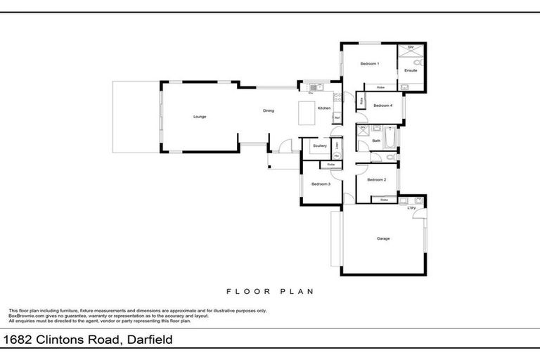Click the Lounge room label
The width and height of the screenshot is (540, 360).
pyautogui.click(x=200, y=116)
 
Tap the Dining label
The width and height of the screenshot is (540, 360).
pyautogui.click(x=269, y=110)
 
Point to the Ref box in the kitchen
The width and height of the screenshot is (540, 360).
pyautogui.click(x=337, y=117)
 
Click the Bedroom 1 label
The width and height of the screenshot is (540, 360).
pyautogui.click(x=370, y=64)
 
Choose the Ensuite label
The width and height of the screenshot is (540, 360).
pyautogui.click(x=411, y=70)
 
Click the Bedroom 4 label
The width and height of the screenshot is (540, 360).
pyautogui.click(x=382, y=105)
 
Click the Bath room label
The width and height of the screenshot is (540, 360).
pyautogui.click(x=376, y=141)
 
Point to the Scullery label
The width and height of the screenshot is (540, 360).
pyautogui.click(x=321, y=146)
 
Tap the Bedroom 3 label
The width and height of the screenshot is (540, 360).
pyautogui.click(x=321, y=184)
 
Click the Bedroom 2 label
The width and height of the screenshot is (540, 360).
pyautogui.click(x=376, y=179)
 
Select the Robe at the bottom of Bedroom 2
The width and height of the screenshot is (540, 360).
pyautogui.click(x=384, y=200)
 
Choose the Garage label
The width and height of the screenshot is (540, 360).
pyautogui.click(x=383, y=238)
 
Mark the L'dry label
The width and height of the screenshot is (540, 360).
pyautogui.click(x=412, y=207)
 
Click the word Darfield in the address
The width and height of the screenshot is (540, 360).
pyautogui.click(x=148, y=340)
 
